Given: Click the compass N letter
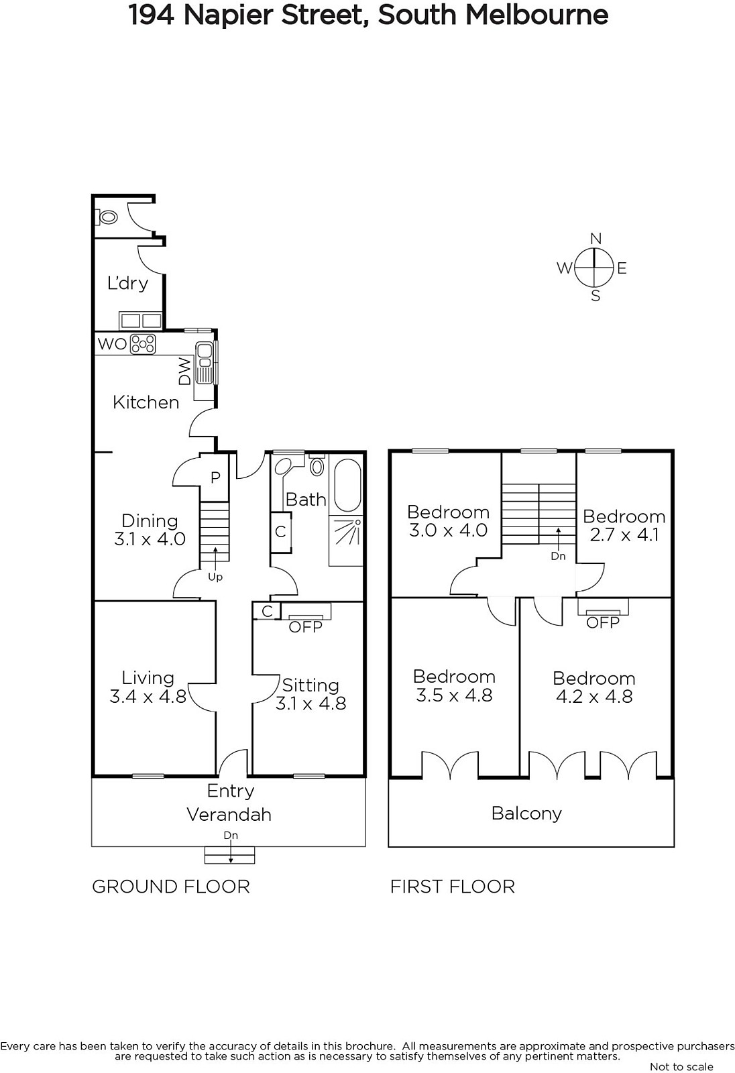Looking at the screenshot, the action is coord(596,238).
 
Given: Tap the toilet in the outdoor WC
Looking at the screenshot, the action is coord(107,217).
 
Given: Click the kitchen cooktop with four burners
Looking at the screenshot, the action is coord(144,343).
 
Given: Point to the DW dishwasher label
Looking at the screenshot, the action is coord(184,372).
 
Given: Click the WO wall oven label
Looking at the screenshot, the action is coord(112,343).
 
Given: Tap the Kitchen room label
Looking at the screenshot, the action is coord(146,402).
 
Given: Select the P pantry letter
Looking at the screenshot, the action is coord(216,477).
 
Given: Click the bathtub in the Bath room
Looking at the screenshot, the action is coord(347,486).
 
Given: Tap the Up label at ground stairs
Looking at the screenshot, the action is coord(215,577).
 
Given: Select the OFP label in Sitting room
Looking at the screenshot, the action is coord(306,627).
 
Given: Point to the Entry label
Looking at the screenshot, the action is coord(231,791).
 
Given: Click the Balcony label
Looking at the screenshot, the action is coord(526,813).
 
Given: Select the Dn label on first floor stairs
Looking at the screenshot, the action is coord(558,556).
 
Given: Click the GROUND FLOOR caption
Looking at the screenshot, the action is coord(171,887).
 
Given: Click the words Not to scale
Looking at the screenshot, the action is coord(681,1066).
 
